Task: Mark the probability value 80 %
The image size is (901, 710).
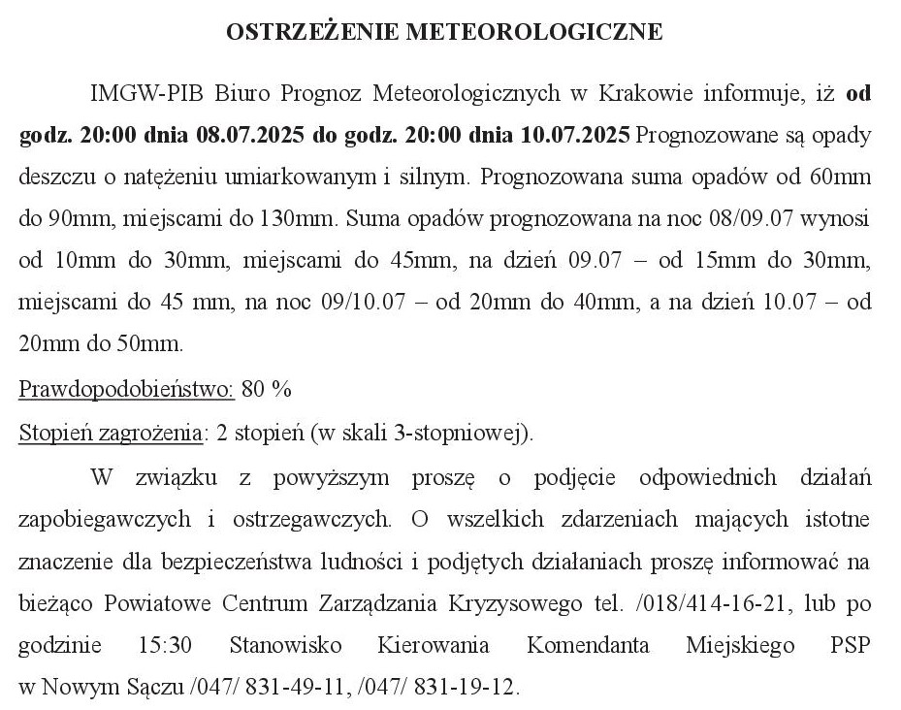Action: pyautogui.click(x=267, y=390)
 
